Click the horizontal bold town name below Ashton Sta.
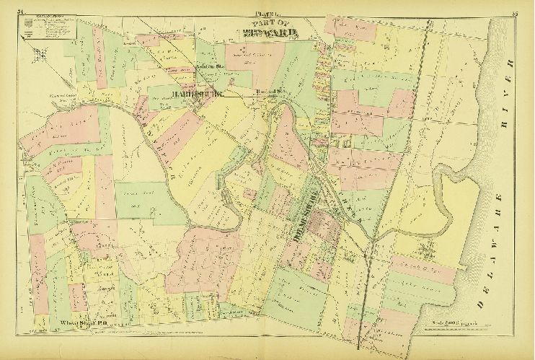pyautogui.click(x=193, y=93)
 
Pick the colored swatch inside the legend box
pyautogui.click(x=28, y=25)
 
